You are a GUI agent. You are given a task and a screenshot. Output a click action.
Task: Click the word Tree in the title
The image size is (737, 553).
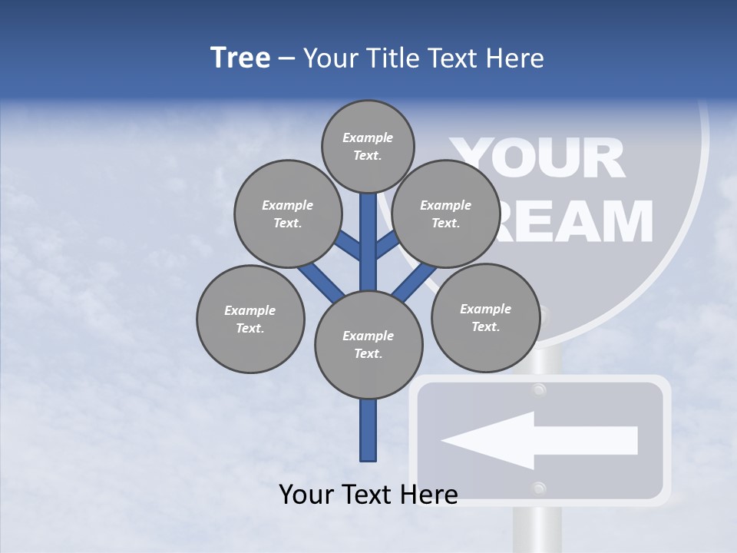[x=240, y=58]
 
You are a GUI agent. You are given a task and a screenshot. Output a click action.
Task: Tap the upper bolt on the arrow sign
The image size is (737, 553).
[x=539, y=390]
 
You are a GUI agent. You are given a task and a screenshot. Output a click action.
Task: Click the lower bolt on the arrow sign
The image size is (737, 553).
[x=539, y=488]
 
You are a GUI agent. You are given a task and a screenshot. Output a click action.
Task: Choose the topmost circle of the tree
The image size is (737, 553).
[x=368, y=146]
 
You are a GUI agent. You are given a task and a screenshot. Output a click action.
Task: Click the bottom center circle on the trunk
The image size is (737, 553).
[x=368, y=345]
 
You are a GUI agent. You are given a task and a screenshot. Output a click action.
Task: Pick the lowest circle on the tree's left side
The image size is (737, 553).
[x=250, y=319]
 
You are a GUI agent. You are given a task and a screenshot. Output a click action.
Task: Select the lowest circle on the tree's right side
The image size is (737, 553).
[x=485, y=317]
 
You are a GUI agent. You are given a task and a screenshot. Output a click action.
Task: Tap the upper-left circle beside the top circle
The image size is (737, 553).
[x=288, y=214]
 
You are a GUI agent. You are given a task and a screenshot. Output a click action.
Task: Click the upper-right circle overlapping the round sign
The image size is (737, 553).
[x=446, y=214]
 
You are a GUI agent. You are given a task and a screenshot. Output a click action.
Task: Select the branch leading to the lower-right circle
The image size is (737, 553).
[x=415, y=280]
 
